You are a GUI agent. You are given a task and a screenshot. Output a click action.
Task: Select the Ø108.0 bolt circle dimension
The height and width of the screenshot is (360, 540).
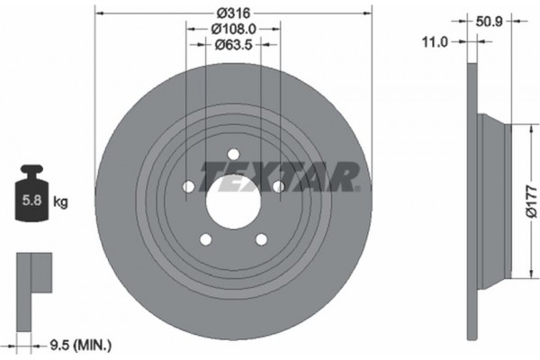click(x=233, y=29)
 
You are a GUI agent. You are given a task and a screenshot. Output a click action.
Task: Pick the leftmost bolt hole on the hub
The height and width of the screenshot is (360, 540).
click(x=188, y=186)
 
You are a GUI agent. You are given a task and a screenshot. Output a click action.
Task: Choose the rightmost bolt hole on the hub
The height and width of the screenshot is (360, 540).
click(x=278, y=186)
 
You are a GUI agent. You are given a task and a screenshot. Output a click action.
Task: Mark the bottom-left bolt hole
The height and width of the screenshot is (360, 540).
click(x=205, y=238)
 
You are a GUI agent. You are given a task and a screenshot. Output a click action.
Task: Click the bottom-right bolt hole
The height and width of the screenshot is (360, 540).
click(x=261, y=238)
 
